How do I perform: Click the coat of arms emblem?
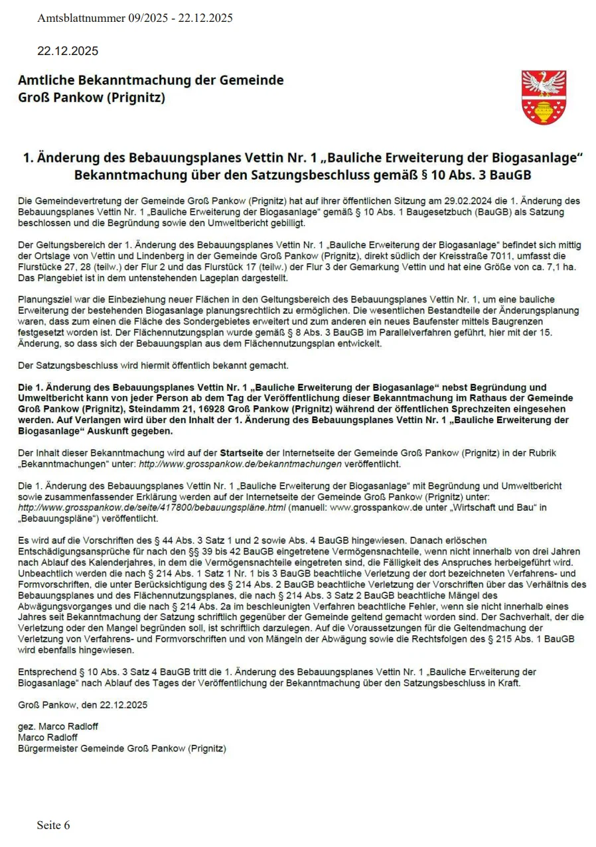click(x=544, y=98)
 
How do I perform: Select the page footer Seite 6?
click(x=53, y=825)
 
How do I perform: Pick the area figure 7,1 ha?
click(x=564, y=266)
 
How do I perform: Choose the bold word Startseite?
click(x=245, y=453)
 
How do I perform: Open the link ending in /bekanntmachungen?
click(x=240, y=464)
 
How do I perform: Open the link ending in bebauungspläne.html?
click(x=152, y=507)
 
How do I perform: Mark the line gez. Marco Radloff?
click(x=58, y=726)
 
